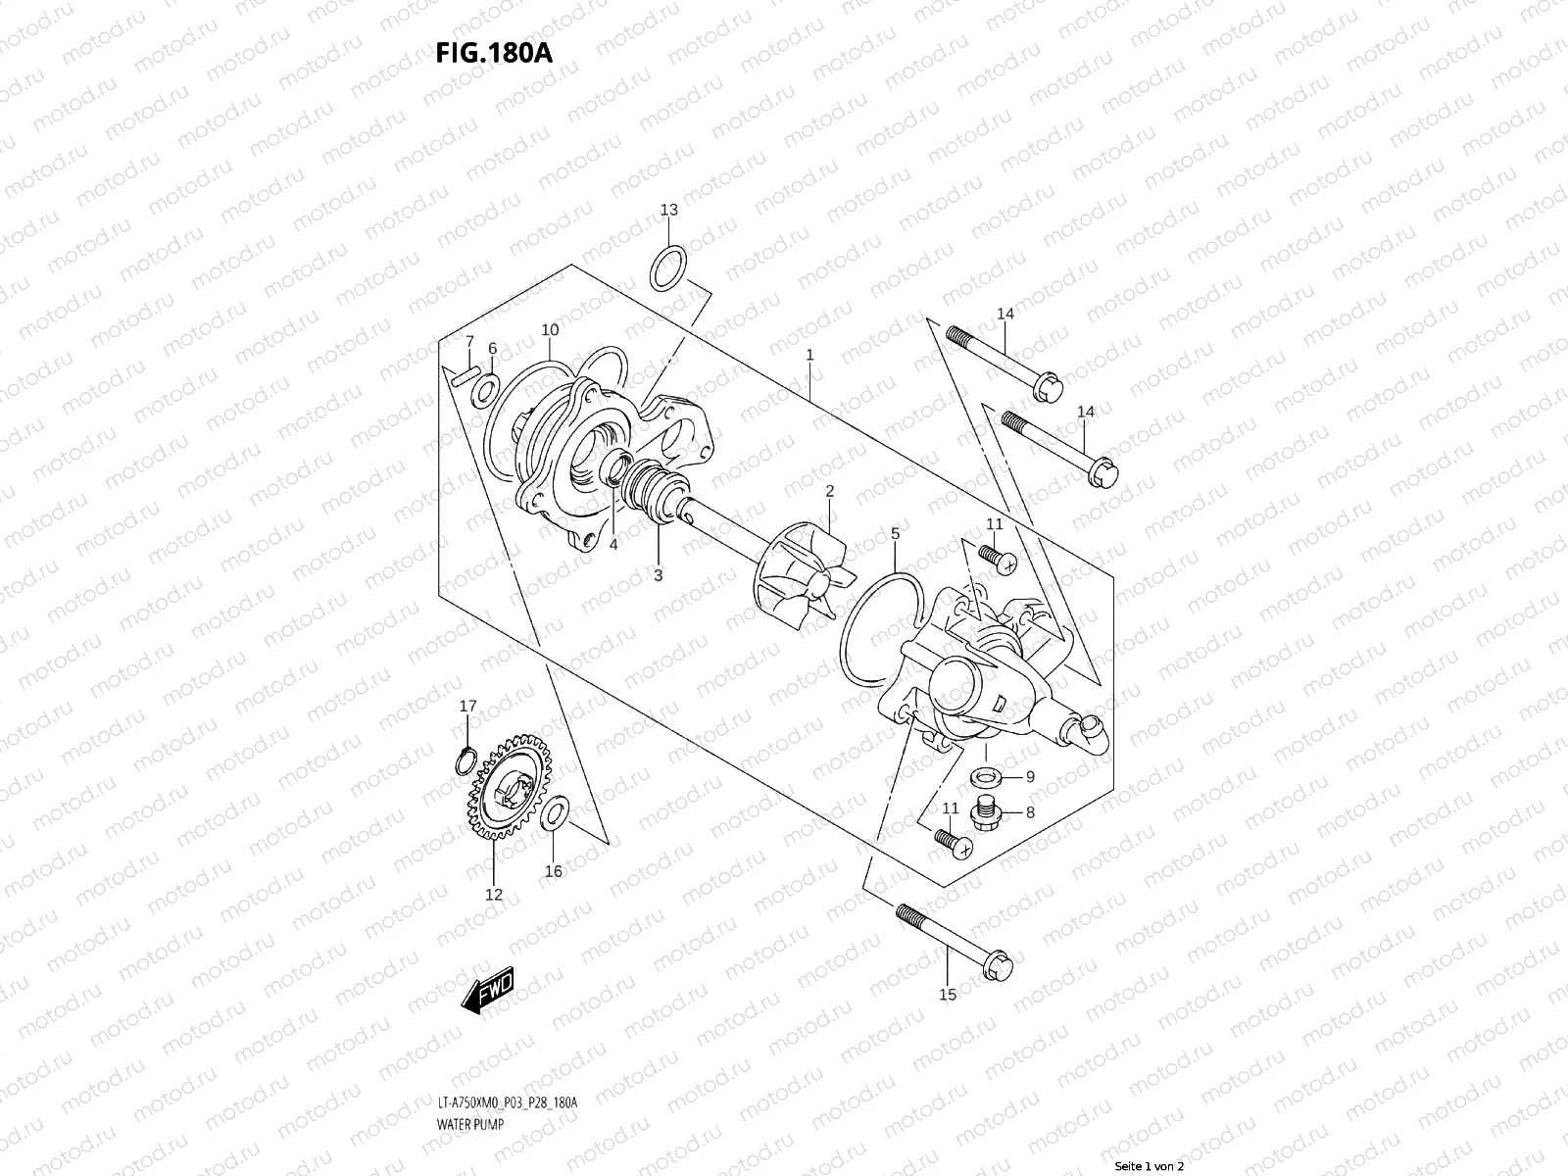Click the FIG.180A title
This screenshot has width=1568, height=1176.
pyautogui.click(x=494, y=52)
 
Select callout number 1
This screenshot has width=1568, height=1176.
pyautogui.click(x=809, y=356)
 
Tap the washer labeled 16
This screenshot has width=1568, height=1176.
pyautogui.click(x=553, y=812)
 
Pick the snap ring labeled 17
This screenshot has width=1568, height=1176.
pyautogui.click(x=468, y=758)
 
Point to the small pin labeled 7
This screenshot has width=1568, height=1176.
pyautogui.click(x=467, y=372)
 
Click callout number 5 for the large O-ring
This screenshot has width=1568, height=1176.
pyautogui.click(x=895, y=534)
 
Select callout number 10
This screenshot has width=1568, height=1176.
pyautogui.click(x=549, y=330)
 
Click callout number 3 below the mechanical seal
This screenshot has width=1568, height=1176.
pyautogui.click(x=659, y=575)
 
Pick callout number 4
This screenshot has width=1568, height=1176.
pyautogui.click(x=612, y=545)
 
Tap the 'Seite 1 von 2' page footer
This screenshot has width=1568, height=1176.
pyautogui.click(x=1150, y=1167)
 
